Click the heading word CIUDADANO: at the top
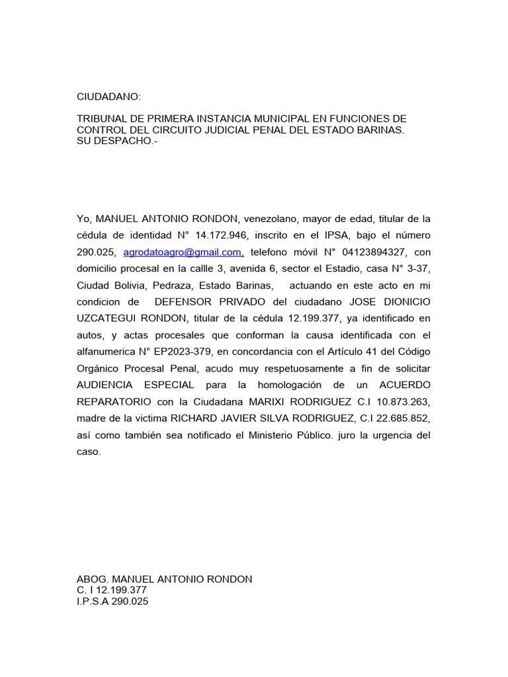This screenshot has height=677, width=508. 109,97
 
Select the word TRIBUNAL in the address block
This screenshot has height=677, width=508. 103,119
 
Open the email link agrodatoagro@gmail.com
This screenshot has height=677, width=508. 183,252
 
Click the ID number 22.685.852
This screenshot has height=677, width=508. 395,418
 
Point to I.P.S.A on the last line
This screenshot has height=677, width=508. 96,602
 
